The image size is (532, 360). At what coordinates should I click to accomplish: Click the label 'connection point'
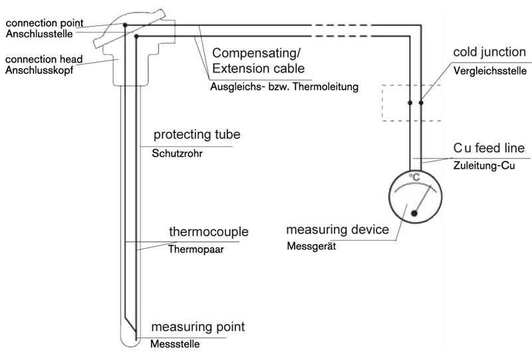(x=45, y=23)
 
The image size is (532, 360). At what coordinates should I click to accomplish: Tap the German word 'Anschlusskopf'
(x=39, y=71)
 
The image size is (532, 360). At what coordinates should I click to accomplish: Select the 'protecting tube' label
(x=197, y=134)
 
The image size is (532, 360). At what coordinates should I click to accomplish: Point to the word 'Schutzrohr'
(x=177, y=154)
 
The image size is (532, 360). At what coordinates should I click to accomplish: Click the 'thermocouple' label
(x=209, y=232)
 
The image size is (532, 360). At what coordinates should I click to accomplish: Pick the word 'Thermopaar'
(x=196, y=250)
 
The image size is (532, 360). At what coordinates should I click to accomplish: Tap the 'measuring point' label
(x=198, y=327)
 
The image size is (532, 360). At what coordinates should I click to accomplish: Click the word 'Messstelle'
(x=175, y=344)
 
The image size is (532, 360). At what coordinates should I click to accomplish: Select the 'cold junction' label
(x=489, y=52)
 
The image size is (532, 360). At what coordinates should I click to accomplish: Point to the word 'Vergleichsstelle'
(x=490, y=71)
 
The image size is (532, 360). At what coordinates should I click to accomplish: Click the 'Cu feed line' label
(x=489, y=148)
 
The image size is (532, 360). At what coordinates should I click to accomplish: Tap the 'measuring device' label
(x=338, y=230)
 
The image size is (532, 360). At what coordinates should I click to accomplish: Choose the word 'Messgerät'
(x=311, y=246)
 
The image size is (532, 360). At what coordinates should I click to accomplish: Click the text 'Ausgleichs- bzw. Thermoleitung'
(x=285, y=87)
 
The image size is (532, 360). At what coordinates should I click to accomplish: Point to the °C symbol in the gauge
(x=414, y=177)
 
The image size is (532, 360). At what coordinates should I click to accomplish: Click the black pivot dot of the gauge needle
(x=414, y=214)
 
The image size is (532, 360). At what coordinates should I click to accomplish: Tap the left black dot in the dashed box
(x=410, y=102)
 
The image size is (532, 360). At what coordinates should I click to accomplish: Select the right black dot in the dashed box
(x=421, y=102)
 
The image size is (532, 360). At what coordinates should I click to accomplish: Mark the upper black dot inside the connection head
(x=125, y=25)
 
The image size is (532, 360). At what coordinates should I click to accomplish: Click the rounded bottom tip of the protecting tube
(x=130, y=346)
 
